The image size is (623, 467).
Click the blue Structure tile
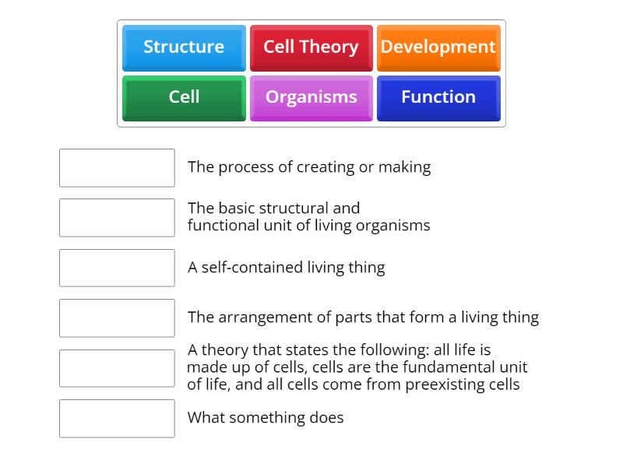click(184, 47)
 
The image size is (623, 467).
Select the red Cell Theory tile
click(311, 47)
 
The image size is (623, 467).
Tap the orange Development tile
click(438, 47)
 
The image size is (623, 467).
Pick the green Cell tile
click(184, 97)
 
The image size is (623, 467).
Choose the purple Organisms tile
click(311, 97)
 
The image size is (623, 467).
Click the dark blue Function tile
click(438, 97)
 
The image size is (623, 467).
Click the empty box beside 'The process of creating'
click(117, 167)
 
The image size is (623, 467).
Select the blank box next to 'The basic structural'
click(117, 217)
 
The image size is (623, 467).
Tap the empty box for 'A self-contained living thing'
click(117, 268)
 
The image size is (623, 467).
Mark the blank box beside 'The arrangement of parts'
click(117, 318)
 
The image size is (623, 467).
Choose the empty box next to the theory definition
click(117, 368)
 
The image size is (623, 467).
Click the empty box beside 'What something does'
click(117, 418)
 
